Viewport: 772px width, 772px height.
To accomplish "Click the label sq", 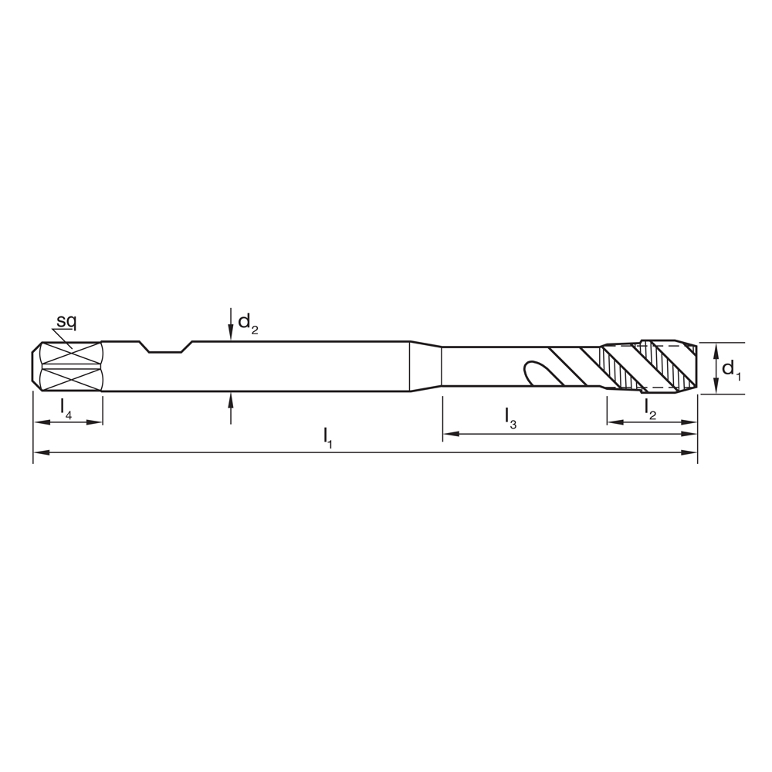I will [66, 320].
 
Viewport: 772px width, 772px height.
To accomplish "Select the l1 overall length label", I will [328, 436].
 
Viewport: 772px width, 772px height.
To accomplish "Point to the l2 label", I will [651, 409].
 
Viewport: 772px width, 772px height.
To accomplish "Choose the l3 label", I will [510, 418].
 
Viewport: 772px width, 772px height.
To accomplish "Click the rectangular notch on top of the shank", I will [165, 347].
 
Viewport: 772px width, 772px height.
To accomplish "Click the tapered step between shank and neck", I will [425, 367].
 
